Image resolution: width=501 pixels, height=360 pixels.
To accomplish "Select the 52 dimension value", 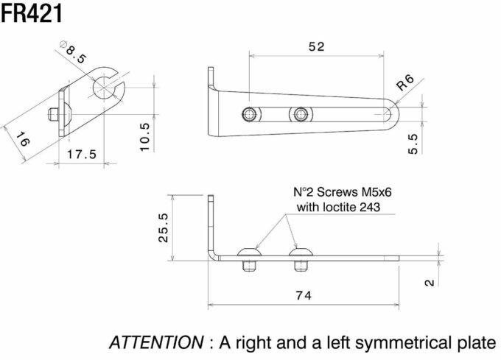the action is pyautogui.click(x=316, y=47).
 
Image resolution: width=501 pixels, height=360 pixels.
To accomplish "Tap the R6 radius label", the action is pyautogui.click(x=405, y=82).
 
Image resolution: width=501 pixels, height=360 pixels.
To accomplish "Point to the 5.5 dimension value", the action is pyautogui.click(x=413, y=144).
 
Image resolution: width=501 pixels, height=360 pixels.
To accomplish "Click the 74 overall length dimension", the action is pyautogui.click(x=304, y=295).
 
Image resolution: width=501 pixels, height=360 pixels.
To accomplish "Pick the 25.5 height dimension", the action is pyautogui.click(x=164, y=228).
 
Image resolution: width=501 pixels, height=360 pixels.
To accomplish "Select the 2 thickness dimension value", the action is pyautogui.click(x=430, y=283).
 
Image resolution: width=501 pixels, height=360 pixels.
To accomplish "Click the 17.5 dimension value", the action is pyautogui.click(x=82, y=155).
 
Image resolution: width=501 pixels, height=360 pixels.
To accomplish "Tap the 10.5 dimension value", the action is pyautogui.click(x=144, y=137).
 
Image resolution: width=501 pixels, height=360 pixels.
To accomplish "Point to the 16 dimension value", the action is pyautogui.click(x=22, y=139).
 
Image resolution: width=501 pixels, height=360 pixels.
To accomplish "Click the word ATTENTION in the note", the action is pyautogui.click(x=156, y=342).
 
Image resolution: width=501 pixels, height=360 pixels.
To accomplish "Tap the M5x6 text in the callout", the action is pyautogui.click(x=376, y=192).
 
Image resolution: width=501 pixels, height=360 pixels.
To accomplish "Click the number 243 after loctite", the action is pyautogui.click(x=370, y=207).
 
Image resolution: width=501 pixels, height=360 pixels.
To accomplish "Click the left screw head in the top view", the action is pyautogui.click(x=250, y=114).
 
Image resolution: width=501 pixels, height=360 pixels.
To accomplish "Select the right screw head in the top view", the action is pyautogui.click(x=301, y=114).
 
